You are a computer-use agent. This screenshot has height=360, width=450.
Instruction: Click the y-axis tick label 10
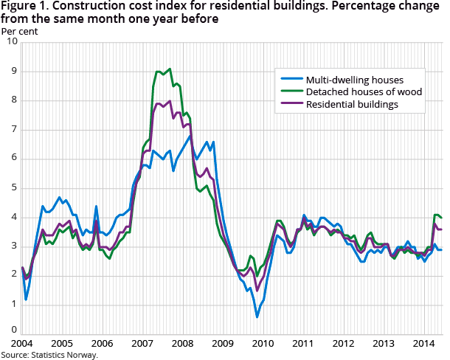click(12, 42)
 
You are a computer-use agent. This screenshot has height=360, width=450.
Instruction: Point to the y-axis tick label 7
click(14, 129)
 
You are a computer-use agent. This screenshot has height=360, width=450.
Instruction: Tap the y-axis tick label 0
click(14, 330)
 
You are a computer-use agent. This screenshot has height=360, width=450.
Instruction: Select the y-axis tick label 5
click(14, 187)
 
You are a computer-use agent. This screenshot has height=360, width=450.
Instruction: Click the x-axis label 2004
click(22, 344)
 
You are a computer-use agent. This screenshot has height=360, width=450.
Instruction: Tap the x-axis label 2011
click(302, 344)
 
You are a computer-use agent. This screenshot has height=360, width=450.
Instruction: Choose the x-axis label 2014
click(423, 344)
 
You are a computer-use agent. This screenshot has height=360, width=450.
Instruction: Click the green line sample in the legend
click(290, 91)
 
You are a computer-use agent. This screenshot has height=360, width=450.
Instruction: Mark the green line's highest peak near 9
click(170, 69)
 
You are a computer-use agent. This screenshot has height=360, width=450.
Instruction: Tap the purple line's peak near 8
click(170, 101)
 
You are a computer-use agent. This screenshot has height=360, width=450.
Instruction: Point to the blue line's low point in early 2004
click(26, 300)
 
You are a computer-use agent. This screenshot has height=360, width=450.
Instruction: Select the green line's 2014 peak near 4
click(435, 215)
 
